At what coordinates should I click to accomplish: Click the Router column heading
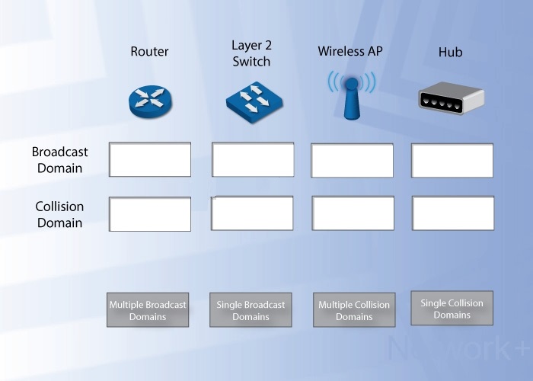pos(149,51)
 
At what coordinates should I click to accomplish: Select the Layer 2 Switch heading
pos(251,53)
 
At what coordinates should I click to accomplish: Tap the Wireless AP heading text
pos(350,51)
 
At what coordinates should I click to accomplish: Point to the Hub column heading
pos(450,52)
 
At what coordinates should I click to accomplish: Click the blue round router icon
pos(150,101)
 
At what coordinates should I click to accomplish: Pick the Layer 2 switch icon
pos(254,102)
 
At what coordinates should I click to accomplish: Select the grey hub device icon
pos(452,98)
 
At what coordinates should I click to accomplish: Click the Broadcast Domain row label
pos(60,160)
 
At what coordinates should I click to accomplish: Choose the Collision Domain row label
pos(59,215)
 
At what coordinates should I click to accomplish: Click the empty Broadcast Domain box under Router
pos(150,159)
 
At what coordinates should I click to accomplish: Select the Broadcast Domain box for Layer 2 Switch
pos(253,159)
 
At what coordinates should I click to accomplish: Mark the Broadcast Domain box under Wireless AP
pos(352,160)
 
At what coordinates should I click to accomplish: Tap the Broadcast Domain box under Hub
pos(452,160)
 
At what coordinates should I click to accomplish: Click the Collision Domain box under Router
pos(150,214)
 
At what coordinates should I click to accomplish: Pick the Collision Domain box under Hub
pos(453,213)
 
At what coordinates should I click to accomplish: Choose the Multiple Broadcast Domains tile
pos(148,310)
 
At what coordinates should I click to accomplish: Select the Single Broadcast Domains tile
pos(251,310)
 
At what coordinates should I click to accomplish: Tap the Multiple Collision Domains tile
pos(354,310)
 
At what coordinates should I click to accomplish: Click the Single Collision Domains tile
pos(452,308)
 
